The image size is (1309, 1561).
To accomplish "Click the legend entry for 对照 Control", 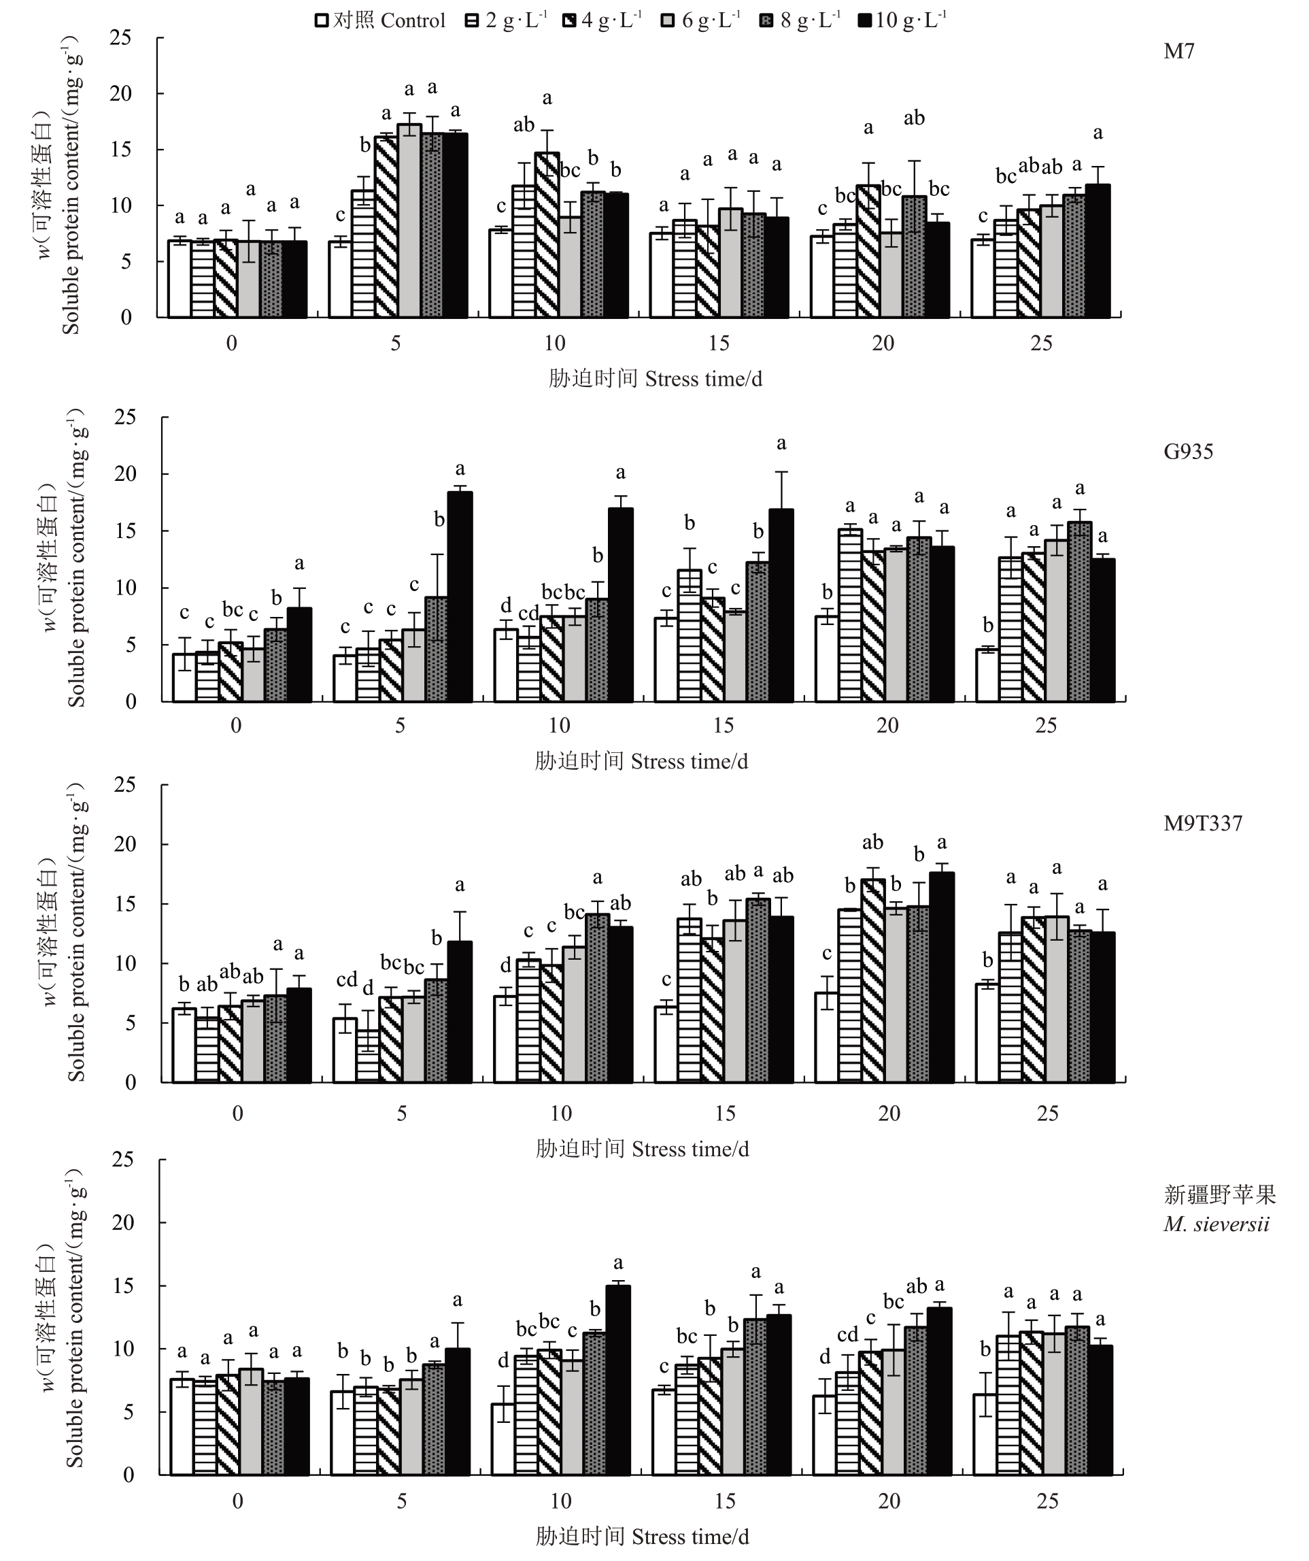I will [381, 20].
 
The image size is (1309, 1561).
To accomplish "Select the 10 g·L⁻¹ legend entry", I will [902, 20].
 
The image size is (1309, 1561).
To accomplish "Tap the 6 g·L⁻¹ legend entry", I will [701, 20].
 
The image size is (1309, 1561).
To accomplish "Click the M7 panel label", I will [1178, 51].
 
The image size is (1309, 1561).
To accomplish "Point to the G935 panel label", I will [1188, 451].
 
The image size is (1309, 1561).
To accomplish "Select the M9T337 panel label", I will [1202, 823].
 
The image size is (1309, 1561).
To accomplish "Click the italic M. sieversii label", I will [1216, 1224].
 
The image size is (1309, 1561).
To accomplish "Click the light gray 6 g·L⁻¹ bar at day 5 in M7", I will [409, 221].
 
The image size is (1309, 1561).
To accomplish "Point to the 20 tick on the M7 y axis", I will [120, 94].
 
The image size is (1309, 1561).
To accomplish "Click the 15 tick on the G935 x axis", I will [724, 726].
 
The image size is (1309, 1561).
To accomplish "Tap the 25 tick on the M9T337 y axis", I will [125, 785].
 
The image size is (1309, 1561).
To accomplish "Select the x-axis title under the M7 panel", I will [655, 379].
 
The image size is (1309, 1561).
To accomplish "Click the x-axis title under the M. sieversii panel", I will [642, 1537].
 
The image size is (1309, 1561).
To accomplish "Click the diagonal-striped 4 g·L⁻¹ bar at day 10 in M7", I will [547, 235].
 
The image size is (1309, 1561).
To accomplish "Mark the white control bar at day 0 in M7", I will [179, 279].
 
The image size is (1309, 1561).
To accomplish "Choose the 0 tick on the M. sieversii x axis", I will [237, 1500].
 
